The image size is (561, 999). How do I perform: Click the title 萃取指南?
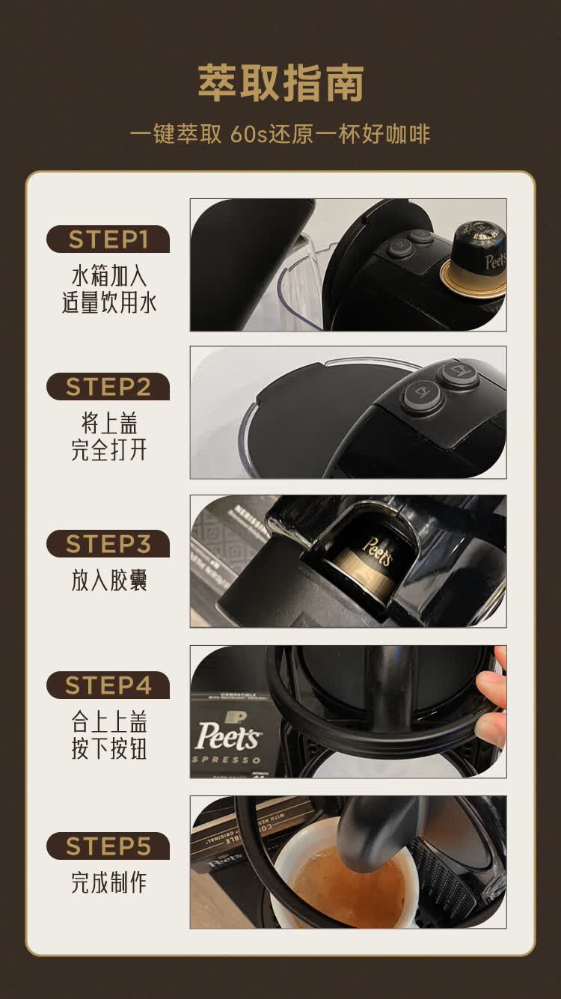[x=280, y=83]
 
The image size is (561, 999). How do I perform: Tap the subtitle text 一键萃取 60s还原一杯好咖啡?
[x=280, y=134]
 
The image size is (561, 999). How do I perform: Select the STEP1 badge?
[x=108, y=239]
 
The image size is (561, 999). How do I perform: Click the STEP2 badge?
[x=108, y=387]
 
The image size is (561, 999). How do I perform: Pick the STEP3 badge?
[x=108, y=544]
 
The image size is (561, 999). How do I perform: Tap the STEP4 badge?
[x=108, y=685]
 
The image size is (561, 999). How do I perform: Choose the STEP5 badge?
[x=108, y=846]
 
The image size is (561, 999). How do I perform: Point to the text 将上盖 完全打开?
[x=108, y=437]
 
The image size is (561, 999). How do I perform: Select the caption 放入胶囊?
[x=108, y=581]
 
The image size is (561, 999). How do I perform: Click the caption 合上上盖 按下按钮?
[x=108, y=735]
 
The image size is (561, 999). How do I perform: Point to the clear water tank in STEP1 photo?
[x=299, y=288]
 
